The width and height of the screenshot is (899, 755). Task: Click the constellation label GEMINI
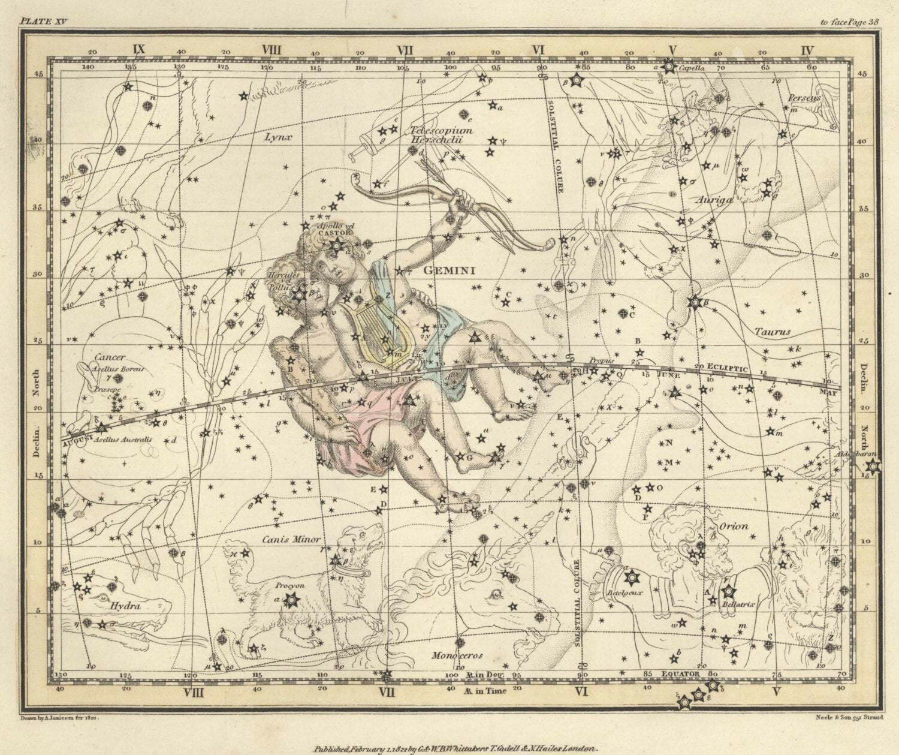[x=450, y=270]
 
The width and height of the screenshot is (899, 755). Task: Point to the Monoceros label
[x=457, y=655]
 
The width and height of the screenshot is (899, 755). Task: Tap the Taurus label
[x=773, y=331]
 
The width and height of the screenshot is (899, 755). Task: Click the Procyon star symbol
[x=291, y=598]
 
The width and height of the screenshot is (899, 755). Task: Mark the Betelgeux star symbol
[x=631, y=577]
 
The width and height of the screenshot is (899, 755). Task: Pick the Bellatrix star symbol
[x=728, y=592]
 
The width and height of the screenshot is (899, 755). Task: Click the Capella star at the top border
[x=669, y=66]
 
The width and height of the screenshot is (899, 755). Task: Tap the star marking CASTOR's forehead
[x=336, y=245]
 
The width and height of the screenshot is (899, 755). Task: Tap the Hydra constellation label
[x=125, y=606]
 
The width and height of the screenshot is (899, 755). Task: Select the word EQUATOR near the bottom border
[x=680, y=674]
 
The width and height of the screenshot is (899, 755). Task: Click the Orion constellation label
[x=734, y=527]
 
